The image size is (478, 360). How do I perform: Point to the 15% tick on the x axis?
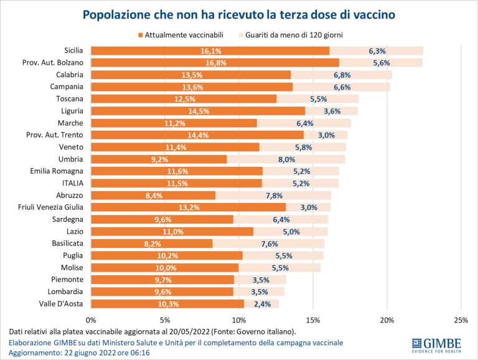313,320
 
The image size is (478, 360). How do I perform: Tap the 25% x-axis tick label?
461,320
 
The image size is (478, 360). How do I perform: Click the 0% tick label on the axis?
91,320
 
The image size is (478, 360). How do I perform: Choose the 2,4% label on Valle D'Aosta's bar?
262,303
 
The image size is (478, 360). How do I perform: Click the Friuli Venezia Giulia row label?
52,207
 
